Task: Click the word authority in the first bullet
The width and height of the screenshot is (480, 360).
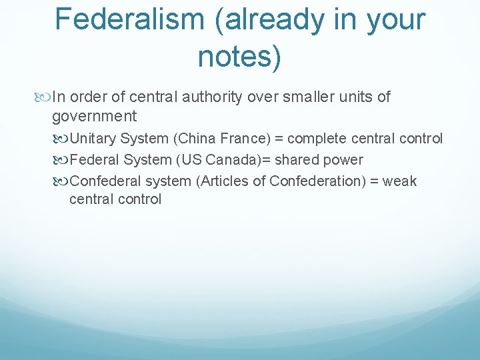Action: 211,97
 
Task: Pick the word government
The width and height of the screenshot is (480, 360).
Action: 94,117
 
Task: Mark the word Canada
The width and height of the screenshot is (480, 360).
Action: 221,160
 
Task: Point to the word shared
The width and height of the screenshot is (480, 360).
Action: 281,160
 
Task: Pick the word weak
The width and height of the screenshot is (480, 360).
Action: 400,181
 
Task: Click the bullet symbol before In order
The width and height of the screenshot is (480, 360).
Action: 44,97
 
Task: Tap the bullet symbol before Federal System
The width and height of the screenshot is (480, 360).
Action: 62,160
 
